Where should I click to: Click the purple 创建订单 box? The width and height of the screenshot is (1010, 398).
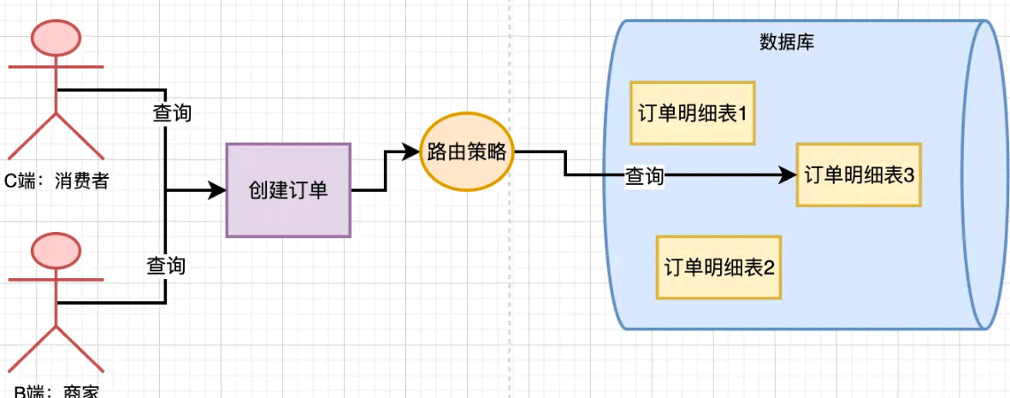tap(288, 190)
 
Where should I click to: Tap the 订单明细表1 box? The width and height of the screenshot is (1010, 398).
tap(693, 113)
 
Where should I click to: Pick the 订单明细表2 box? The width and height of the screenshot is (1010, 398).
tap(718, 267)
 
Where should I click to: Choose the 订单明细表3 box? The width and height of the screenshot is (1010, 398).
tap(859, 175)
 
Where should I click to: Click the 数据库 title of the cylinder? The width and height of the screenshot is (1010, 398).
tap(786, 42)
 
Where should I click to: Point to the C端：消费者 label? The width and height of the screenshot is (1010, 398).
tap(57, 181)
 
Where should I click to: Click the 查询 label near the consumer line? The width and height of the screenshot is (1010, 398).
tap(171, 113)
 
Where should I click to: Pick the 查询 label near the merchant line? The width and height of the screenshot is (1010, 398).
tap(165, 265)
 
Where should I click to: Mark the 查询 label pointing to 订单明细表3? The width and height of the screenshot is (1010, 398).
tap(645, 176)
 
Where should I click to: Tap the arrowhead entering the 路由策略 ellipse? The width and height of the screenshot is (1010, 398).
tap(413, 152)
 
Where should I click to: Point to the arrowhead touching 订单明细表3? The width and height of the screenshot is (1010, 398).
tap(789, 175)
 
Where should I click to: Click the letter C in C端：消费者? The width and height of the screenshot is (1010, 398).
tap(11, 181)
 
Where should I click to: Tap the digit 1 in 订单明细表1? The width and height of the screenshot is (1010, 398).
tap(743, 113)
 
